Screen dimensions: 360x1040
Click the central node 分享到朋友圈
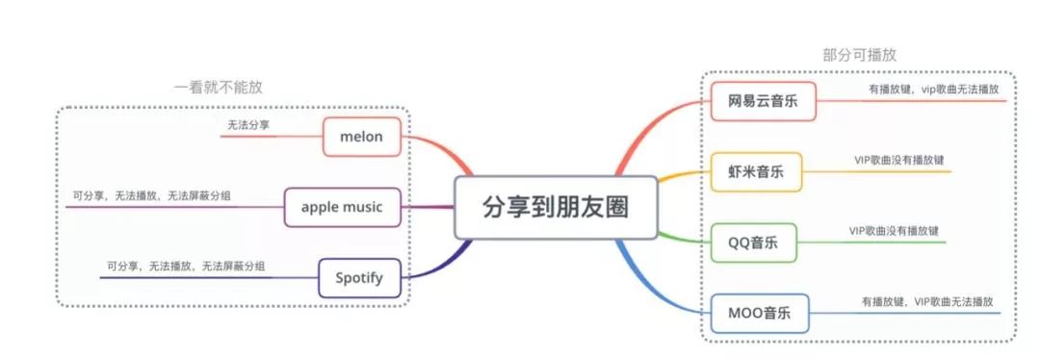coord(556,207)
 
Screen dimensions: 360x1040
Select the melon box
coord(361,137)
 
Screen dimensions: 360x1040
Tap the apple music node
coord(342,206)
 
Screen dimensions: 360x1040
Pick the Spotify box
coord(358,278)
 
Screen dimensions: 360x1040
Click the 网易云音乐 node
coord(763,100)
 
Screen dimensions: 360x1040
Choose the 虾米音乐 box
coord(756,172)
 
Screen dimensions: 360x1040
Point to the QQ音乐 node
coord(756,242)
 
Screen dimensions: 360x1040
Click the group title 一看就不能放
coord(218,87)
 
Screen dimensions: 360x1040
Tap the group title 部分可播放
coord(859,55)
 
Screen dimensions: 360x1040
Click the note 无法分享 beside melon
coord(248,125)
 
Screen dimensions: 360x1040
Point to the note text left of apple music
coord(152,195)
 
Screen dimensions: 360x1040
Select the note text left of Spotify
coord(186,266)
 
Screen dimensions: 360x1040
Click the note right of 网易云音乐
coord(933,89)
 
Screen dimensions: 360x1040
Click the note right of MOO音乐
coord(926,301)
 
